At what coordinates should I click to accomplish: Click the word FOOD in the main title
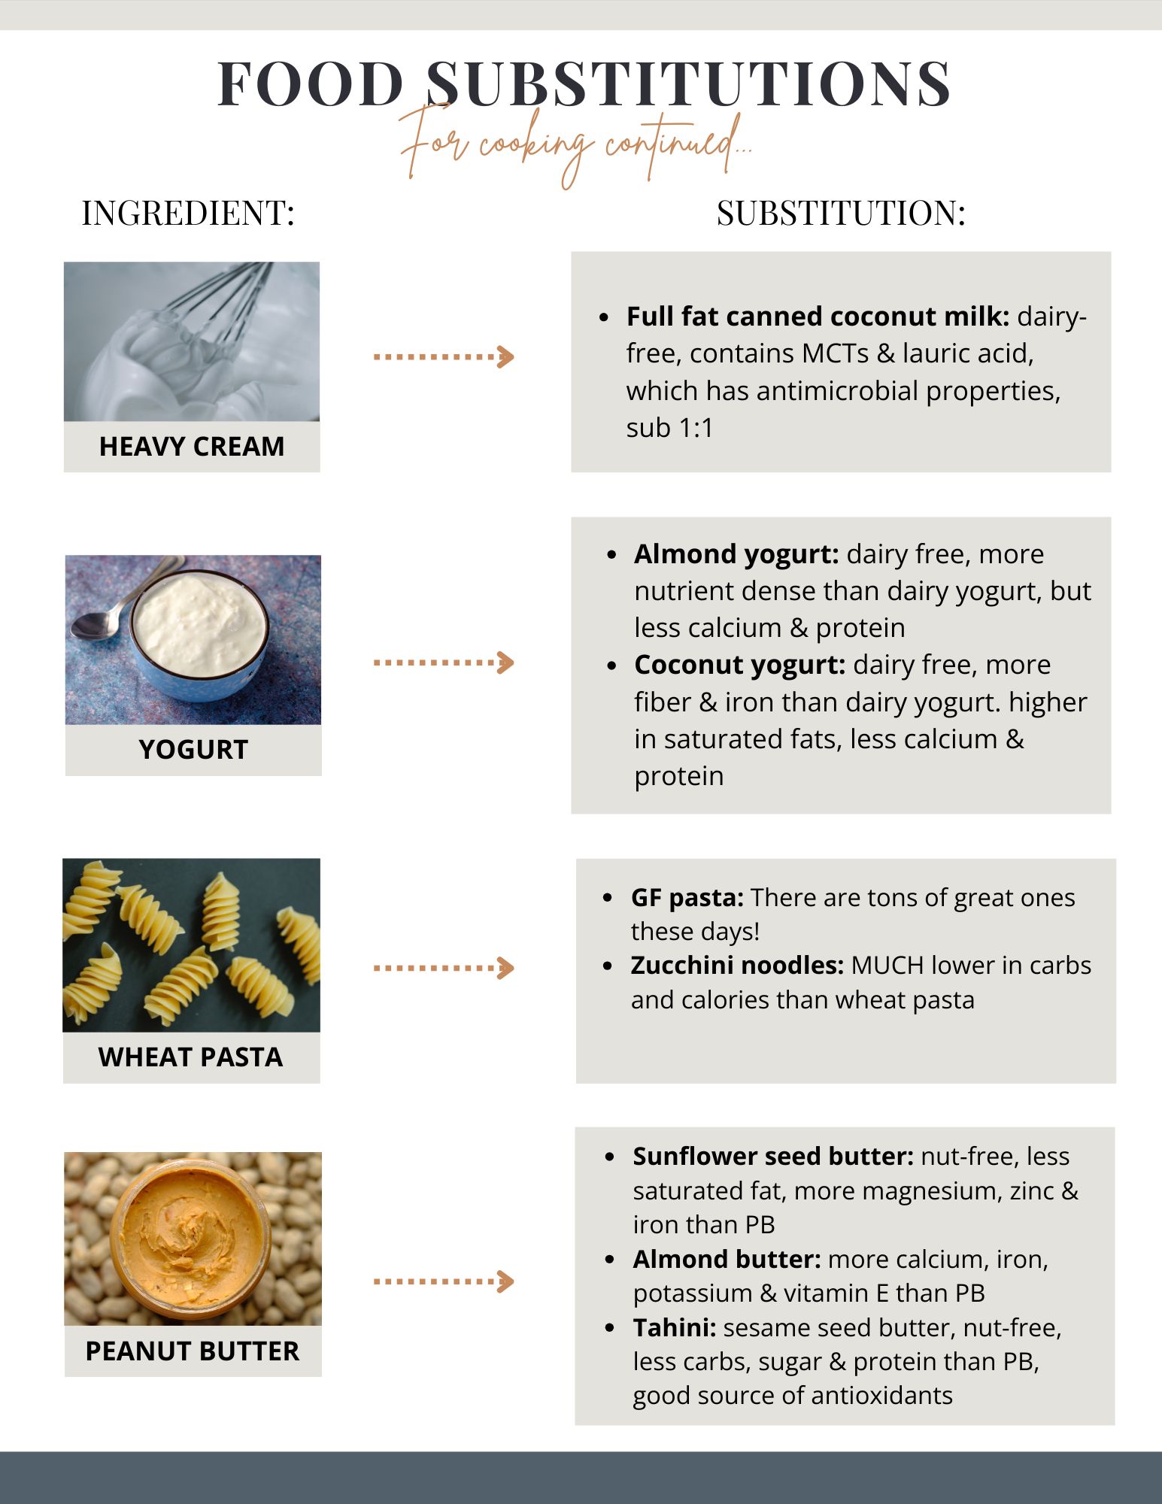[311, 84]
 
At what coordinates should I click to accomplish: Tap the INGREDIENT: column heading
[188, 214]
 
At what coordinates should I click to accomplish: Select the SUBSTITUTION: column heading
[840, 214]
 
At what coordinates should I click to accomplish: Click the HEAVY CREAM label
[192, 447]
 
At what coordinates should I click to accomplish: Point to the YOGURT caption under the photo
[193, 750]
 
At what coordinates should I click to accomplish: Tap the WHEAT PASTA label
[191, 1057]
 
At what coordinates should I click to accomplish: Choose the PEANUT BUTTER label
[193, 1351]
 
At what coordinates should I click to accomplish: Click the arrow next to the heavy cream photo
[444, 356]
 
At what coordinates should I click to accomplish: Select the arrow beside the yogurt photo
[444, 663]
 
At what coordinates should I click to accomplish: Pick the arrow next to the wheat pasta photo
[444, 968]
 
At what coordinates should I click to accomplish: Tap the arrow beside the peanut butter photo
[444, 1281]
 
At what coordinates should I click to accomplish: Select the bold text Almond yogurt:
[736, 554]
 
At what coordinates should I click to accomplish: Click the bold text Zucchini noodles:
[737, 966]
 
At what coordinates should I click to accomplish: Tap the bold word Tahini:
[675, 1328]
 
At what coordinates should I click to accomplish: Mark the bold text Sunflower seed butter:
[773, 1157]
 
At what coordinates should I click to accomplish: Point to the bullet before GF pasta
[608, 899]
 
